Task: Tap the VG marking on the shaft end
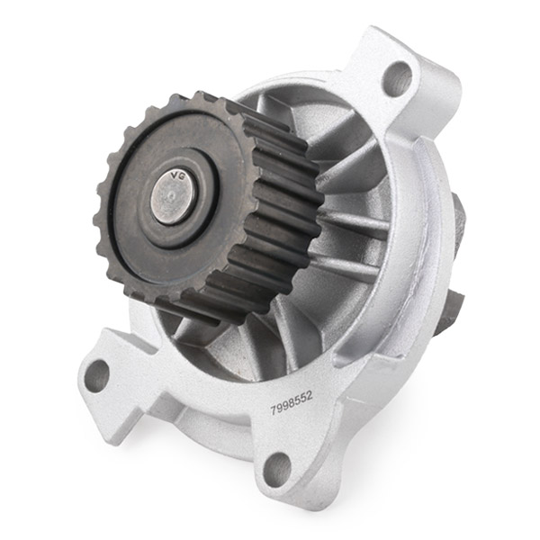(179, 175)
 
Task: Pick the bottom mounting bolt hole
(277, 468)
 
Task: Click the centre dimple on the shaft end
(173, 196)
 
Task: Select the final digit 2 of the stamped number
(310, 396)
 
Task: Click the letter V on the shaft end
(175, 176)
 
